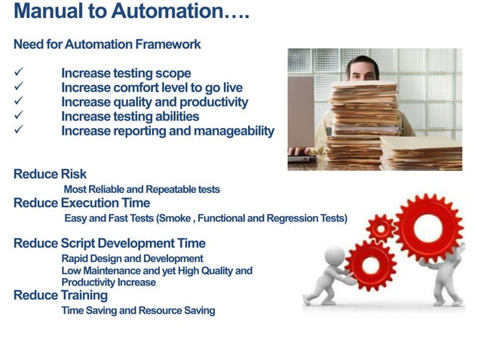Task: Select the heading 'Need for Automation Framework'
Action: pyautogui.click(x=107, y=44)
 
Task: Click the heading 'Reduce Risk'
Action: pyautogui.click(x=50, y=175)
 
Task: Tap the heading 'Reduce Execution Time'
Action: pyautogui.click(x=81, y=203)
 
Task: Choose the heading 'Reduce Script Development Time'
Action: pyautogui.click(x=109, y=243)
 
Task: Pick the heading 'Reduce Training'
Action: pyautogui.click(x=60, y=295)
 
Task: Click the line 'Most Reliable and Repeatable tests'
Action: pyautogui.click(x=142, y=189)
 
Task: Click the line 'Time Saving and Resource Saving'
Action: pyautogui.click(x=138, y=310)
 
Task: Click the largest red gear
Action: pyautogui.click(x=428, y=227)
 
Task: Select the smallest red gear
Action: pyautogui.click(x=381, y=227)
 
